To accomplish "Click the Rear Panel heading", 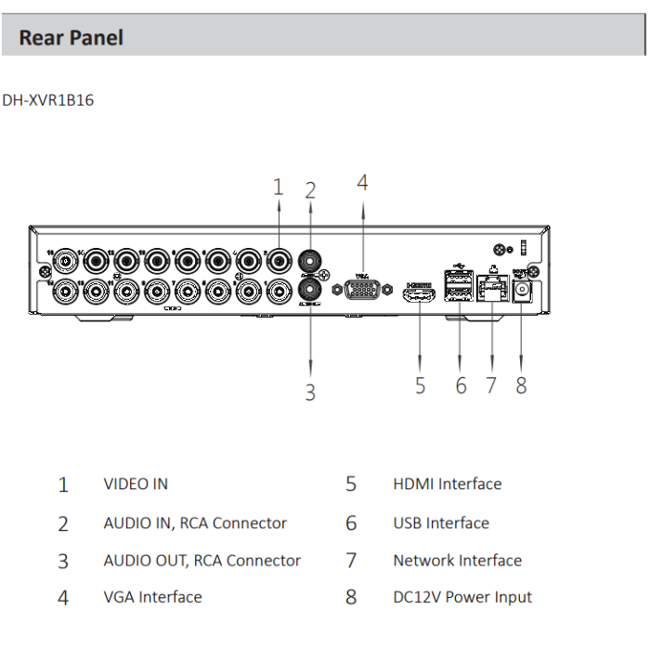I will click(x=71, y=38).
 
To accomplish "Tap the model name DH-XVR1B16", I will click(x=48, y=100).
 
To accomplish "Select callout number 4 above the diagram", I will click(x=362, y=183).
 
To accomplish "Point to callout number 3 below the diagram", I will click(x=310, y=393).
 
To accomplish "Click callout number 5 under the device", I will click(x=420, y=385).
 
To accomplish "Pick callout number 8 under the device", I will click(x=521, y=385).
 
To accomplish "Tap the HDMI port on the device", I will click(x=419, y=294).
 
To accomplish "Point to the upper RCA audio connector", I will click(x=310, y=261).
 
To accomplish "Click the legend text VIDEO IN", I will click(x=136, y=484).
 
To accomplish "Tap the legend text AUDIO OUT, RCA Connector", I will click(x=201, y=561).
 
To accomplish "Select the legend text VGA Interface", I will click(x=152, y=597).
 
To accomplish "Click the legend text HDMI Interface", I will click(x=447, y=484).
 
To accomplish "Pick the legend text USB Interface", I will click(x=440, y=523).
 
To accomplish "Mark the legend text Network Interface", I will click(x=457, y=561).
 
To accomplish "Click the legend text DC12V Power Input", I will click(x=462, y=597).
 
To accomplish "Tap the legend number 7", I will click(x=351, y=561).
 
